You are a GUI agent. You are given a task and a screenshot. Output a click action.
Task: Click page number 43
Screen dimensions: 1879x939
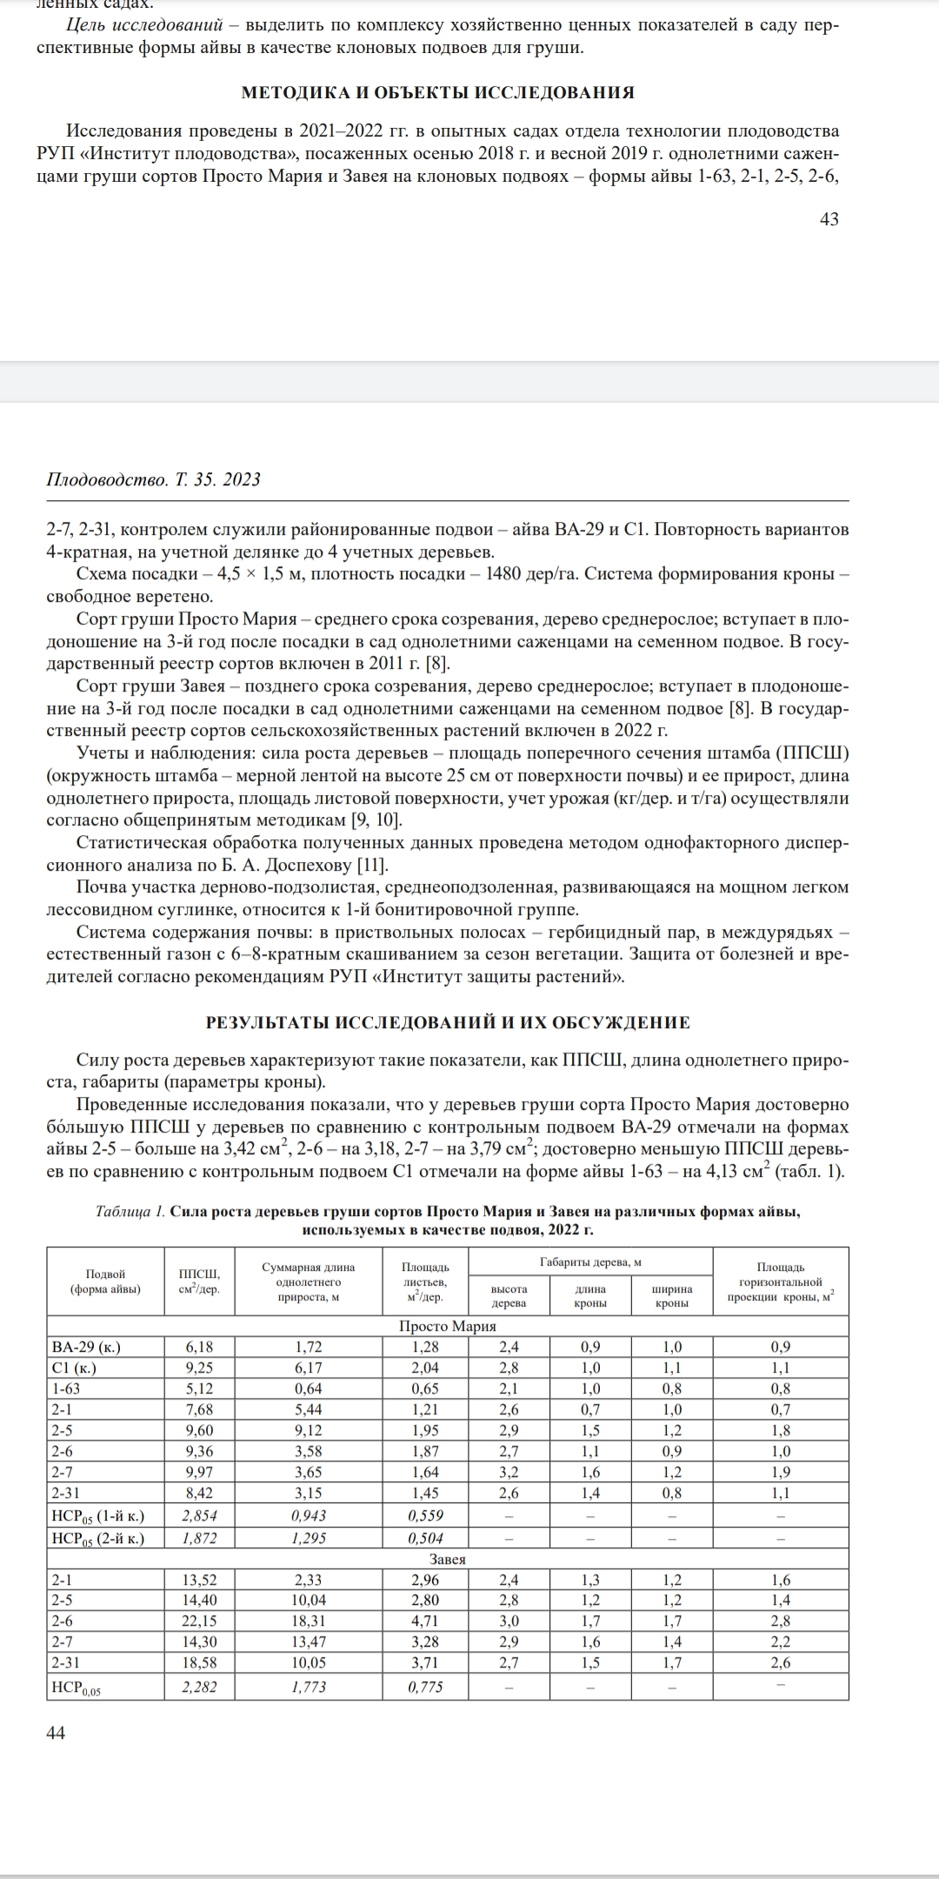coord(829,219)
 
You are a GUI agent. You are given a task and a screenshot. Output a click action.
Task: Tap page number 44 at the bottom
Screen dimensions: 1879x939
coord(55,1733)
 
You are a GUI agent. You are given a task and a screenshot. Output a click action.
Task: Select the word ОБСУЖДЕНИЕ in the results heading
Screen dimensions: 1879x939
coord(620,1022)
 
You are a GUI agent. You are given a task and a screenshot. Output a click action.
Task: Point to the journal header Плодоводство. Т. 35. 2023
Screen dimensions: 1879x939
coord(153,479)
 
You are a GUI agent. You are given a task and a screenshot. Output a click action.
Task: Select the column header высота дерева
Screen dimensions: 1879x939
coord(509,1296)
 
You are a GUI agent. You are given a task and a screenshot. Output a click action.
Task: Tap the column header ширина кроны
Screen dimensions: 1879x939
coord(671,1296)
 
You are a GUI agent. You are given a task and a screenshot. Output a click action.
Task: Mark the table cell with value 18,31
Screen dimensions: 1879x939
coord(309,1621)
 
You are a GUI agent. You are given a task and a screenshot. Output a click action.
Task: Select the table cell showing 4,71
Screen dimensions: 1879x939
coord(424,1621)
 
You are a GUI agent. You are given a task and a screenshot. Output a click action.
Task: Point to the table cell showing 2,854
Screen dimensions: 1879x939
coord(199,1515)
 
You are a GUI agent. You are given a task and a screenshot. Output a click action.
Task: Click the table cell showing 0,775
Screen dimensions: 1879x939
coord(424,1687)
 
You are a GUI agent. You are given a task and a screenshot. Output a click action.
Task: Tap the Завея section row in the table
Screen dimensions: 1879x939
coord(447,1559)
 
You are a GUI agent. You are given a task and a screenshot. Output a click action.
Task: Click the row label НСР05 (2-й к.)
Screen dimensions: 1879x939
coord(97,1538)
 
